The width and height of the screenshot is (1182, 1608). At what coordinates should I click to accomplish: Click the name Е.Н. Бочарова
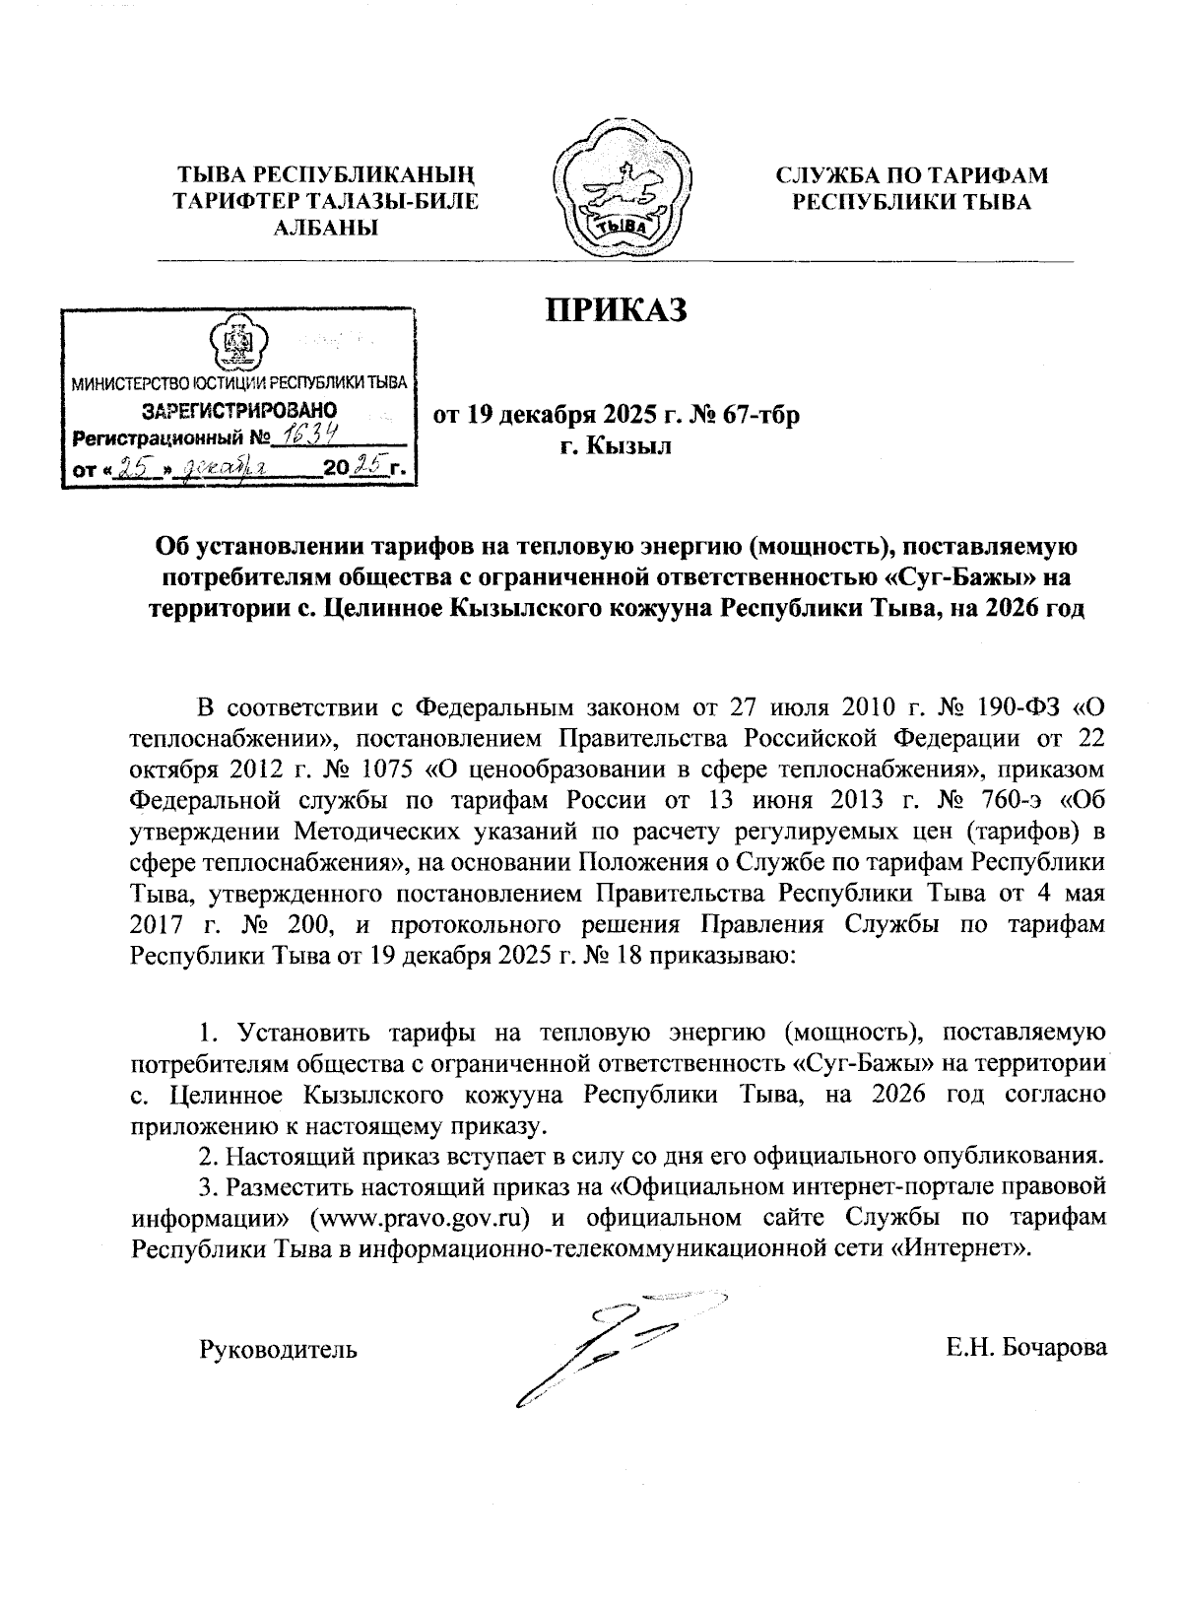click(x=1026, y=1347)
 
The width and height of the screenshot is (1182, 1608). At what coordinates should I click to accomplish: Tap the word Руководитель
click(x=279, y=1348)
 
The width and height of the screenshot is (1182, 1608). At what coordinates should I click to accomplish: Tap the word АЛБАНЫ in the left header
click(x=325, y=229)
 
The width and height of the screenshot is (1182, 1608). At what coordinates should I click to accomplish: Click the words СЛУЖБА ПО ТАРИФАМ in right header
click(x=911, y=176)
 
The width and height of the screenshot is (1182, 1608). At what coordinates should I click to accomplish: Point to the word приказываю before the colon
click(x=722, y=955)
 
